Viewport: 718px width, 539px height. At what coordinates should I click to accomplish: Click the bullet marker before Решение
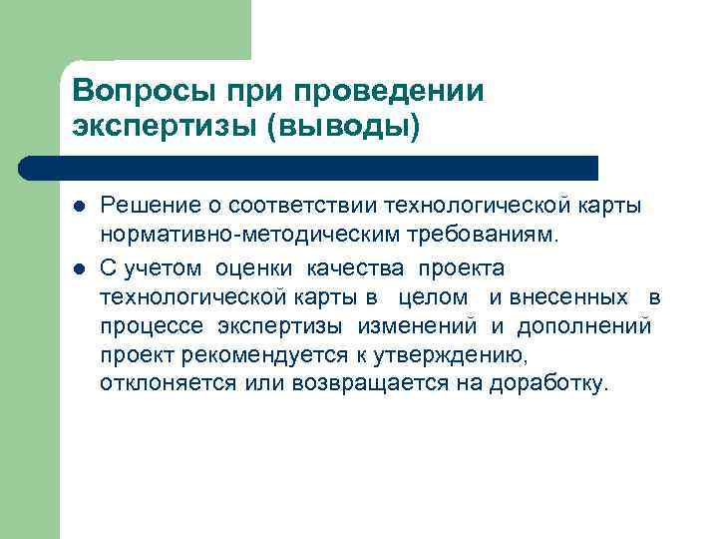[79, 206]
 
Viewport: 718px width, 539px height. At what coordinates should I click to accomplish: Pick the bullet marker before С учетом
[79, 269]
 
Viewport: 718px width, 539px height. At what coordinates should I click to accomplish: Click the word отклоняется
[168, 384]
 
